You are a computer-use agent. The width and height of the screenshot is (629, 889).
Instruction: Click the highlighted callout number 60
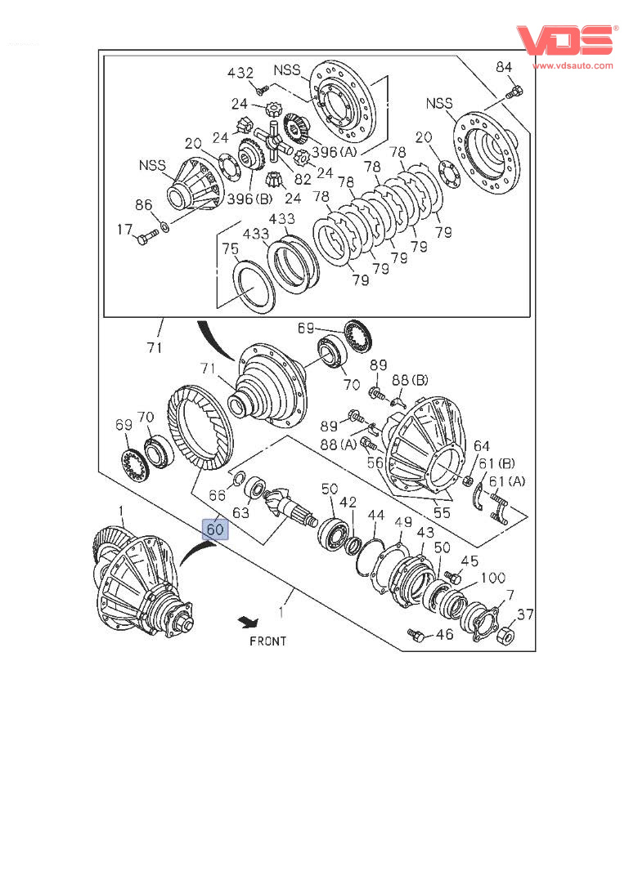pos(215,529)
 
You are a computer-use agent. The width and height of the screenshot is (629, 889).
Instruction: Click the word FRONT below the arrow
pos(268,641)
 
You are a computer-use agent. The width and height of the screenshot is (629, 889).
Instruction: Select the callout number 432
pos(240,73)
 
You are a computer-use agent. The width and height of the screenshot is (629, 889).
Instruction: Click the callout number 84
pos(504,67)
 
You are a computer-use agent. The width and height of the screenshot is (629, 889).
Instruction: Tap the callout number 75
pos(231,249)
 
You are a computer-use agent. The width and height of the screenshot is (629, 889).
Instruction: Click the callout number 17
pos(124,231)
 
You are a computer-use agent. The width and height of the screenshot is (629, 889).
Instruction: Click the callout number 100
pos(492,578)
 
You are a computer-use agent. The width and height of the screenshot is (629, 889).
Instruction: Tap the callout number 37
pos(524,615)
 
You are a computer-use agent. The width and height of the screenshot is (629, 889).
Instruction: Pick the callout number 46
pos(444,633)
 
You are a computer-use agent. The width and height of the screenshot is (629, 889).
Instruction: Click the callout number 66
pos(217,495)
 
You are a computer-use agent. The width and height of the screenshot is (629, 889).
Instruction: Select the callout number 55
pos(441,513)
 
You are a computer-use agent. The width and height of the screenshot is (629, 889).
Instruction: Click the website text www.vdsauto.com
pos(573,65)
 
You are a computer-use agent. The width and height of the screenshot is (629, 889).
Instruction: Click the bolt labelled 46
pos(416,634)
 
